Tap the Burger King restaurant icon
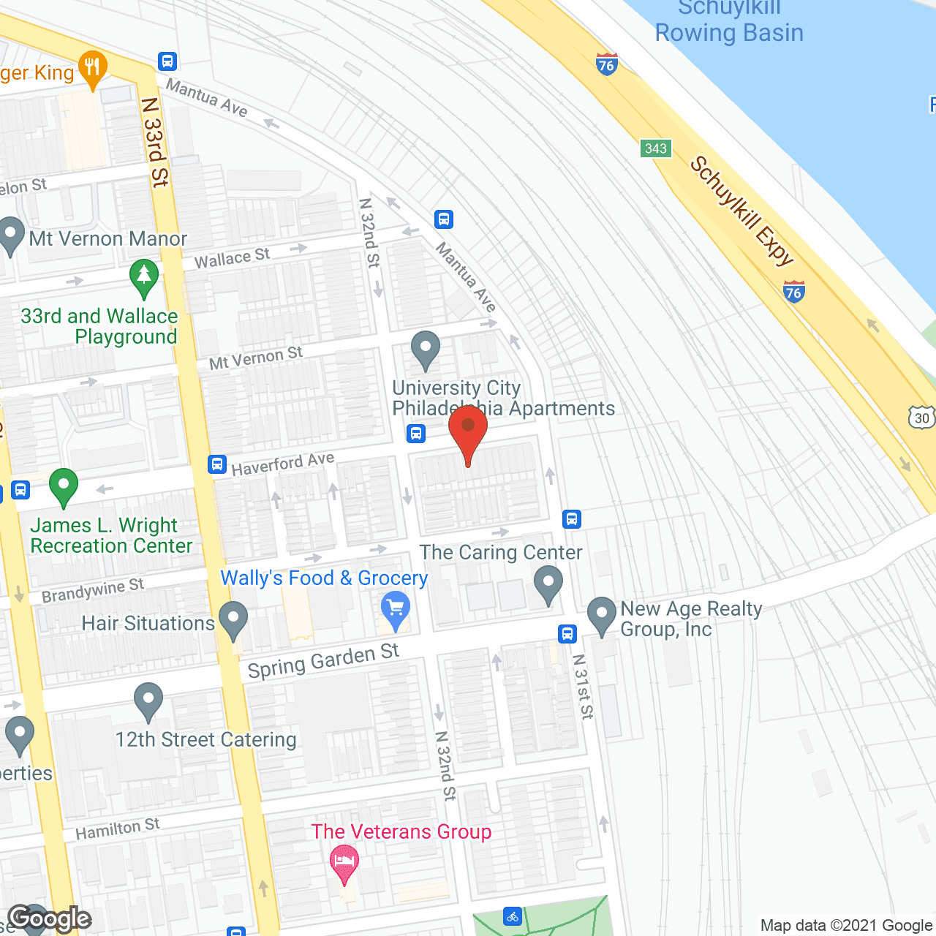click(92, 68)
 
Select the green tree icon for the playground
click(144, 276)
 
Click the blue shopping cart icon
click(396, 608)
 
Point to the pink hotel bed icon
click(344, 861)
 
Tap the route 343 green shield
click(655, 148)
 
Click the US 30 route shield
click(922, 418)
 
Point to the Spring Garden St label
click(323, 660)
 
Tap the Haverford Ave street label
click(283, 464)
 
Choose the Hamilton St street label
click(118, 829)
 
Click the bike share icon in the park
click(513, 916)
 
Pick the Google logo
click(50, 918)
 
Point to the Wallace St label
click(232, 258)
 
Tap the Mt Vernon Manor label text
click(108, 239)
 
